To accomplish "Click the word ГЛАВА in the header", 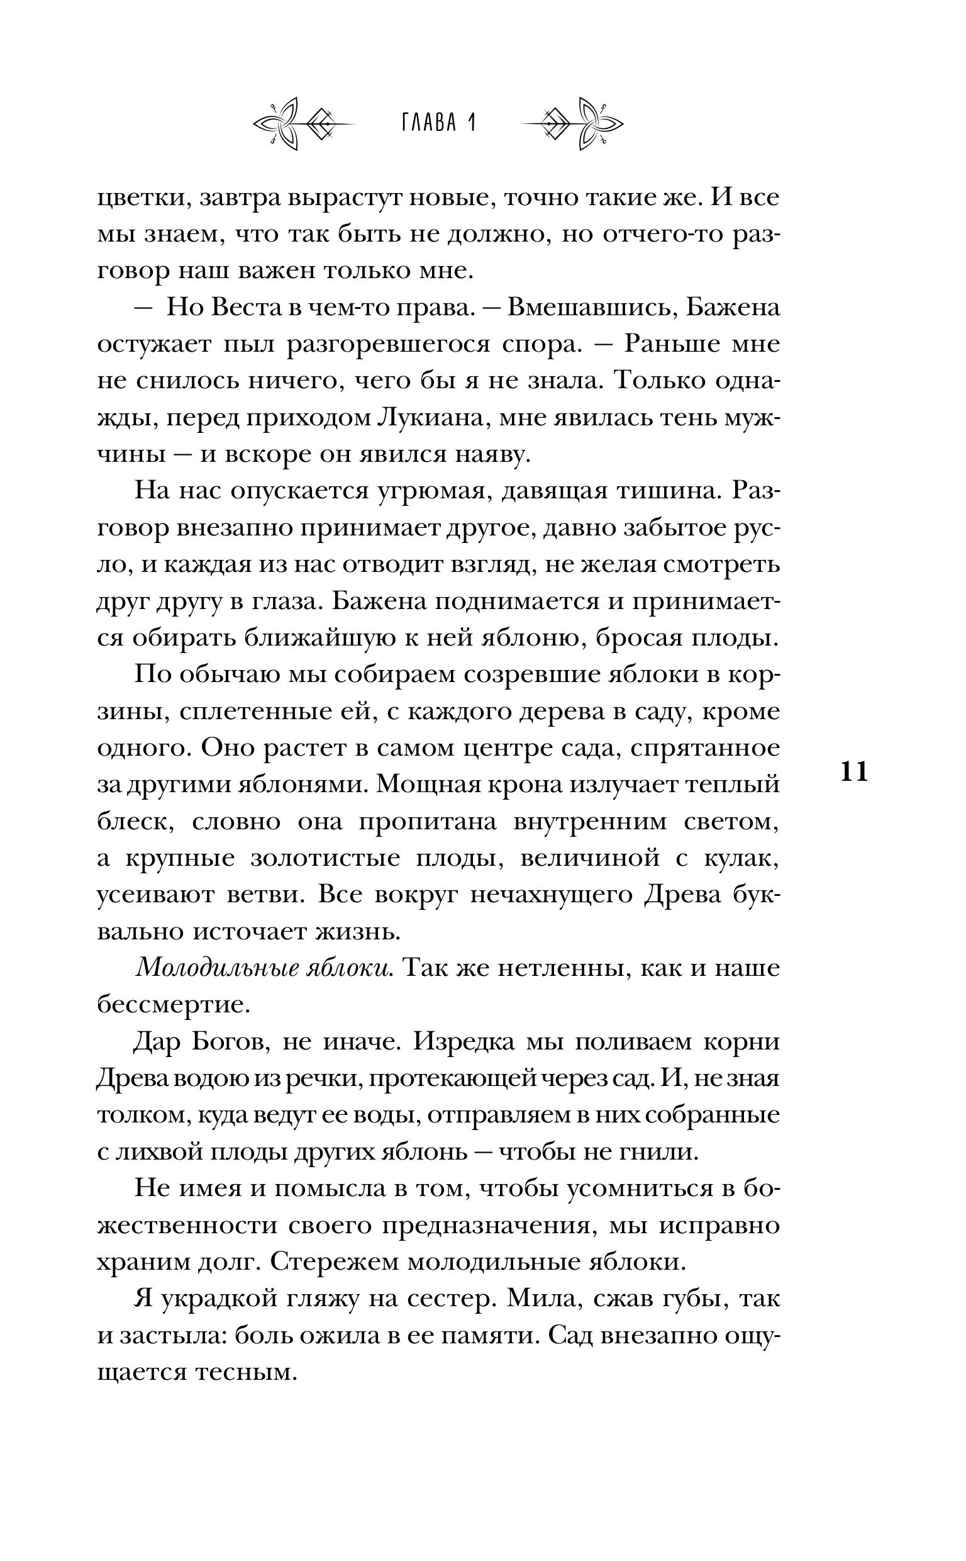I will coord(430,123).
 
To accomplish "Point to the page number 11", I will coord(854,773).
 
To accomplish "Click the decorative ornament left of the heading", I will coord(304,123).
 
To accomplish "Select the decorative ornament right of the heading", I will coord(573,123).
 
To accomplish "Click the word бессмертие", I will coord(172,1004).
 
